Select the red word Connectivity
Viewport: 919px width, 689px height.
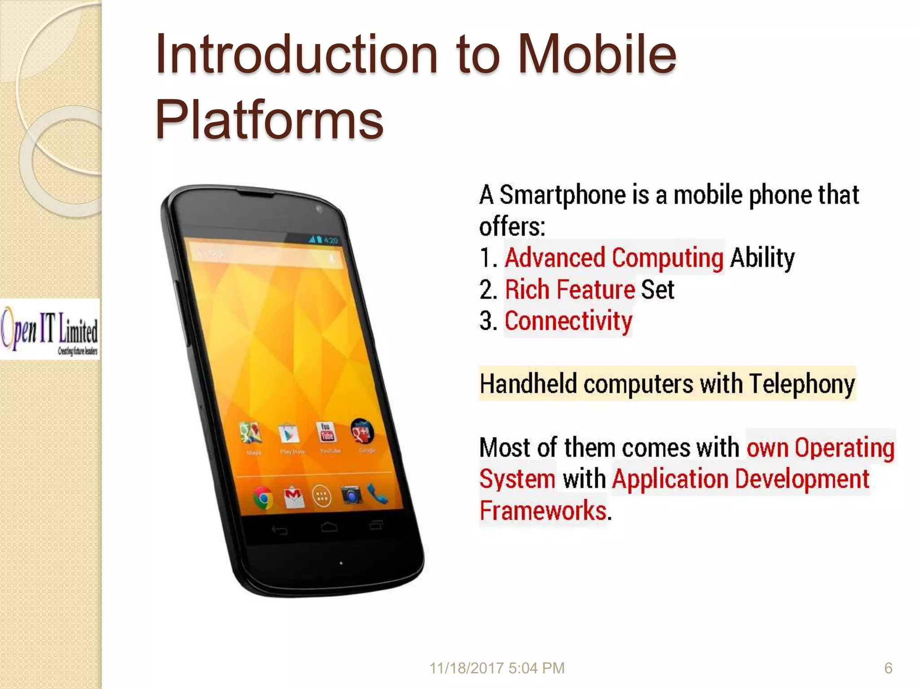568,321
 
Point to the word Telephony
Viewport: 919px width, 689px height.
802,384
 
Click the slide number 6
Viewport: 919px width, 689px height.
888,668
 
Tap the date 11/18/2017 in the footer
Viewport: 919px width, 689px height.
467,668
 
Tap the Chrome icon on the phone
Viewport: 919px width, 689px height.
263,498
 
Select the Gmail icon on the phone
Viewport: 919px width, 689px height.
294,497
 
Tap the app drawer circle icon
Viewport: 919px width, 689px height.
322,496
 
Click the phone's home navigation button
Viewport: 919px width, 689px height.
329,527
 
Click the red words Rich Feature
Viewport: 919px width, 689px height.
570,289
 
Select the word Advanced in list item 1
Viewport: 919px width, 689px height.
555,258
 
